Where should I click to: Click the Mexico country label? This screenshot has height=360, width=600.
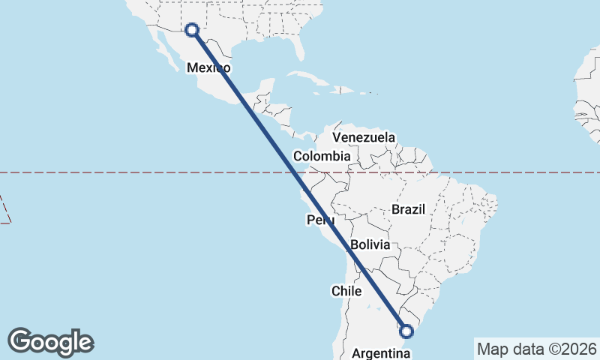(208, 67)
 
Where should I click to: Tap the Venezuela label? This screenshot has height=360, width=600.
(364, 137)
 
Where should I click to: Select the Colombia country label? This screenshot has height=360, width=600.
(322, 156)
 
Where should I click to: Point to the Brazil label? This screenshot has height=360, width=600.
(408, 209)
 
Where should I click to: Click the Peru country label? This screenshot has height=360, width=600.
(320, 220)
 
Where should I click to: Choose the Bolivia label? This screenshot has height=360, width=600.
(370, 244)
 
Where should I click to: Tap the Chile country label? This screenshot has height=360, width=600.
(347, 290)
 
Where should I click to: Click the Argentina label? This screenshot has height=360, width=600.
(381, 352)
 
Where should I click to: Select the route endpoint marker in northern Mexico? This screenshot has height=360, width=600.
(191, 30)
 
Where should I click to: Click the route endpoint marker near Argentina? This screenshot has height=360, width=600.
(406, 331)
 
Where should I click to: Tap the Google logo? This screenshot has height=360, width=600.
(50, 341)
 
